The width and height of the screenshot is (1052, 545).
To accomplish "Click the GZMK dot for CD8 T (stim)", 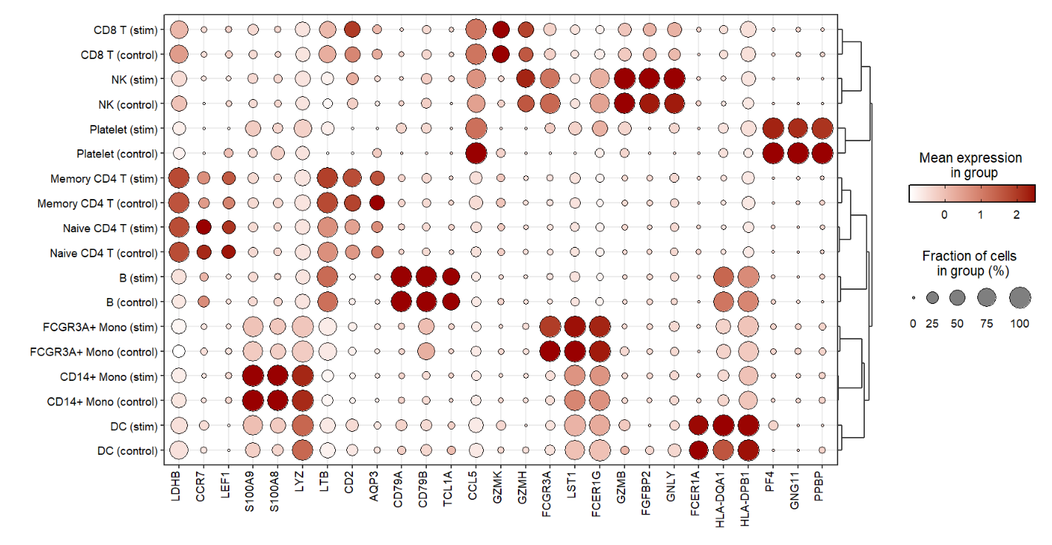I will point(500,30).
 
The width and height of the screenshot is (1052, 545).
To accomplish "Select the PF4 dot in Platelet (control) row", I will point(773,154).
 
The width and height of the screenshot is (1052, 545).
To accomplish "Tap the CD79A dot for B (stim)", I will point(401,277).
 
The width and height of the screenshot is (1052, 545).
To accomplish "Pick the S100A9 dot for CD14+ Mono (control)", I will point(252,401).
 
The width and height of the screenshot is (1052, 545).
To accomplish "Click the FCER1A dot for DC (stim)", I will point(698,426).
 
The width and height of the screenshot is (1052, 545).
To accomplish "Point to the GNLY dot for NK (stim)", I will point(674,79).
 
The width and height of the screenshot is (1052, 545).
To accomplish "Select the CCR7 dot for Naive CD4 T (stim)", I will point(203,228).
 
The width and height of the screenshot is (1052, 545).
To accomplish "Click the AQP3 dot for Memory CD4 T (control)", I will point(377,203).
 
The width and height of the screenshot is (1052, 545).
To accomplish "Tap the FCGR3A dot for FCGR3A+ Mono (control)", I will point(550,351).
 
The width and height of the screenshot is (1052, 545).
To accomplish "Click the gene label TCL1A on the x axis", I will point(451,489).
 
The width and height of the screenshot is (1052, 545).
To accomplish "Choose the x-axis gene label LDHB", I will point(178,486).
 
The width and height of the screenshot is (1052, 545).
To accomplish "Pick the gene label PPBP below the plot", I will point(823,486).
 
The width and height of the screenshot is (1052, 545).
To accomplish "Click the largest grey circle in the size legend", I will point(1018,298).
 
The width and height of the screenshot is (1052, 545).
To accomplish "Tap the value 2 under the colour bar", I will point(1016,214).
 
